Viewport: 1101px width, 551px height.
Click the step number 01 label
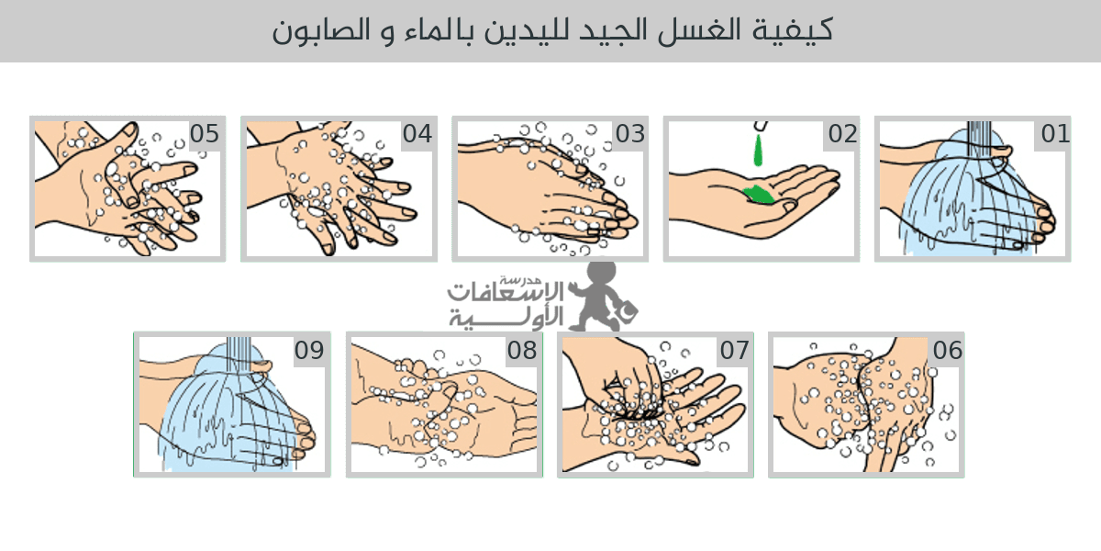point(1055,134)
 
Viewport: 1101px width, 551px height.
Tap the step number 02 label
point(843,134)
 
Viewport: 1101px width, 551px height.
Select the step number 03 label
point(630,134)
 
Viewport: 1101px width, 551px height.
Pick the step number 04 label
point(417,134)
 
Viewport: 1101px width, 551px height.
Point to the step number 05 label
point(205,134)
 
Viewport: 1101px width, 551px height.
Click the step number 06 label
point(948,350)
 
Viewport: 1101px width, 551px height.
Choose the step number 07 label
point(735,350)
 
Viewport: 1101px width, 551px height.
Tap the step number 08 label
point(522,350)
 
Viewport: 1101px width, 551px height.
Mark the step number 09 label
point(309,350)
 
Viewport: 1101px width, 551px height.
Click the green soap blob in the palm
point(760,195)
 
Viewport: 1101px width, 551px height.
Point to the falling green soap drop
point(759,150)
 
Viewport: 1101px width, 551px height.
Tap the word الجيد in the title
point(609,29)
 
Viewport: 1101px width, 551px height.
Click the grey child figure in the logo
point(603,296)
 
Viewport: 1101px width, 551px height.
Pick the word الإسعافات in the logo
point(506,291)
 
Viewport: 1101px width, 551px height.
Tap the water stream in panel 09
point(239,355)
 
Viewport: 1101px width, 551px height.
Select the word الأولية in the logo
point(506,318)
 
